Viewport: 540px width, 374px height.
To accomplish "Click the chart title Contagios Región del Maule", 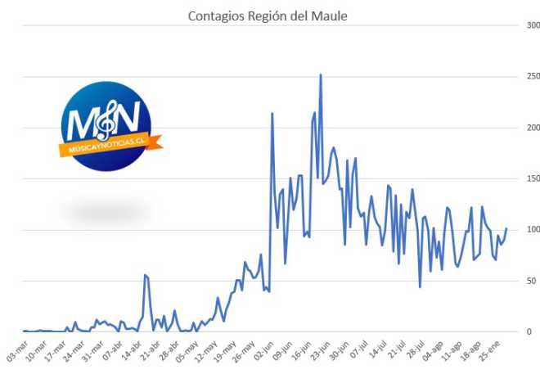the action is coord(268,16).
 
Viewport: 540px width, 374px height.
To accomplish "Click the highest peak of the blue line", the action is coord(321,74).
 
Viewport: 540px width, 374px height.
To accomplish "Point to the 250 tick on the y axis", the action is coord(533,76).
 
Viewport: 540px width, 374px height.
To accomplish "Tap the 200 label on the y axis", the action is coord(533,128).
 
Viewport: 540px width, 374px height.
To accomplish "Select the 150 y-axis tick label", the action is coord(533,178).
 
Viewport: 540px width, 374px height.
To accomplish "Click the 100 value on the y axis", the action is coord(533,229).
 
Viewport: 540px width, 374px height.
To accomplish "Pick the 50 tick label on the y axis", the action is coord(531,281).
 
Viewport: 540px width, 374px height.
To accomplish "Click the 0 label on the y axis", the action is coord(529,331).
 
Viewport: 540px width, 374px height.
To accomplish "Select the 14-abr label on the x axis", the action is coord(131,351).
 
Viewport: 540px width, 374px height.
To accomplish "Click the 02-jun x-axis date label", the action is coord(263,351).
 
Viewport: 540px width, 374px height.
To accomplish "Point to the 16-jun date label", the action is coord(301,351).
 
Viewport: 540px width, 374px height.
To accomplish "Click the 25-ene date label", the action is coord(489,351).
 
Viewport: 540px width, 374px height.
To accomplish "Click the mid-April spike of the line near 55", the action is coord(145,275).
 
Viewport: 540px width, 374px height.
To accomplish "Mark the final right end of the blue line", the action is coord(506,228).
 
